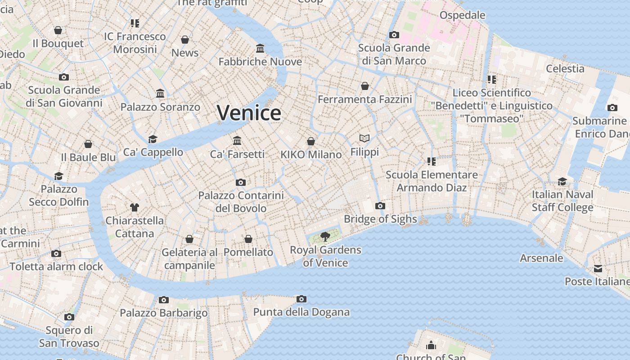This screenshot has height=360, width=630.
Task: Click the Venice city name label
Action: pos(249,112)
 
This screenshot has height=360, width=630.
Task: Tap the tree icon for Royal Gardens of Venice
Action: pos(325,237)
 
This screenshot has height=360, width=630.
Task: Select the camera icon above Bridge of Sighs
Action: pos(380,206)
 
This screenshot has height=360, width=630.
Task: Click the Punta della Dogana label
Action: pos(301,312)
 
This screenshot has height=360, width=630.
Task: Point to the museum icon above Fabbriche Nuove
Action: pos(260,48)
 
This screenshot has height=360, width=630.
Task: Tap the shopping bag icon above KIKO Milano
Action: pos(311,141)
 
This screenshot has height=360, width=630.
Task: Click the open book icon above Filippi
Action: pos(364,138)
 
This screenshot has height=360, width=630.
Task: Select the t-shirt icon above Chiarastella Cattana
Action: pos(135,207)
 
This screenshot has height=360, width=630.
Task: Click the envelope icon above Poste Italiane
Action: pos(598,269)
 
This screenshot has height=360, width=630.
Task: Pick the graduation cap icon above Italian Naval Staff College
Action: pos(562,181)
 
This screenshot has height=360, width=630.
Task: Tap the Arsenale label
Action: pos(541,258)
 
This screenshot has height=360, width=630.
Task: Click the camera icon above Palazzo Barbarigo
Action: pos(164,300)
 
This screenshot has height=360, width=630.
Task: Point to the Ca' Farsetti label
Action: pos(237,154)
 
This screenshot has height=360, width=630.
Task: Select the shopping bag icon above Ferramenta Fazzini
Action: pos(365,85)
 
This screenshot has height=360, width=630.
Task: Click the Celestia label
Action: pos(565,69)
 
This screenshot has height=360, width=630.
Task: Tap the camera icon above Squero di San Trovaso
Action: pos(69,317)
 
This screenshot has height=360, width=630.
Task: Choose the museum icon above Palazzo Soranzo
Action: pos(160,93)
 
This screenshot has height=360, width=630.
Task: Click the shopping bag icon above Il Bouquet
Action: pos(58,30)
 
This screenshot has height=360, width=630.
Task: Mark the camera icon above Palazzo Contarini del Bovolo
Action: pos(241,182)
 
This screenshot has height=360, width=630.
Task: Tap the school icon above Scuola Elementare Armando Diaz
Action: pos(432,161)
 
